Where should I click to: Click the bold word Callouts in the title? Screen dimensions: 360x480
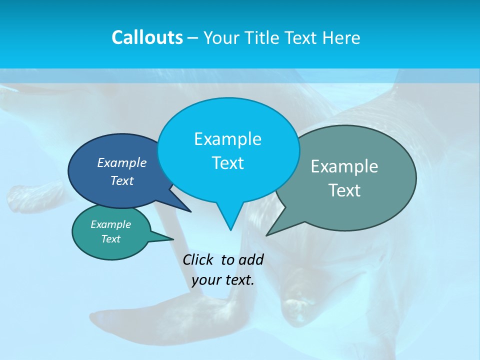coord(147,37)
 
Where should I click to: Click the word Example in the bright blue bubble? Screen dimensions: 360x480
coord(227,139)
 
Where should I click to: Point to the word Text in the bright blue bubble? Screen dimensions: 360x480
coord(227,163)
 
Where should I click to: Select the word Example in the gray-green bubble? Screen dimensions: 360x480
coord(344,166)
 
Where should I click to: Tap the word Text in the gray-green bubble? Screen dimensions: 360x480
coord(344,190)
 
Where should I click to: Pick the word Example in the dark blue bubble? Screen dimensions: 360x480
coord(122,162)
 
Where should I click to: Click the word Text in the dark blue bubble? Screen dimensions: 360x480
coord(122,180)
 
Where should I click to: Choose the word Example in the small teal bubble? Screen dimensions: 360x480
coord(110,224)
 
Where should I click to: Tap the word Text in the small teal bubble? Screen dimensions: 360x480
coord(110,239)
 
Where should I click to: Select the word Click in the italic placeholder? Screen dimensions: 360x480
coord(198,259)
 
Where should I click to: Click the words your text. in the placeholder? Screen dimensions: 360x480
coord(223,280)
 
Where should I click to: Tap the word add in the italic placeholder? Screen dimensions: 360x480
coord(250,259)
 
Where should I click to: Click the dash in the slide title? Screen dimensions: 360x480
coord(193,38)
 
